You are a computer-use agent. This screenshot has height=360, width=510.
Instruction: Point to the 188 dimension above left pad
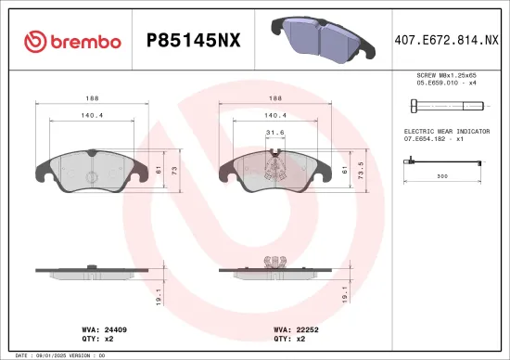click(x=92, y=96)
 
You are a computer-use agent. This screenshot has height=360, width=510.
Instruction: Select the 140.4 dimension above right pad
click(x=275, y=116)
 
